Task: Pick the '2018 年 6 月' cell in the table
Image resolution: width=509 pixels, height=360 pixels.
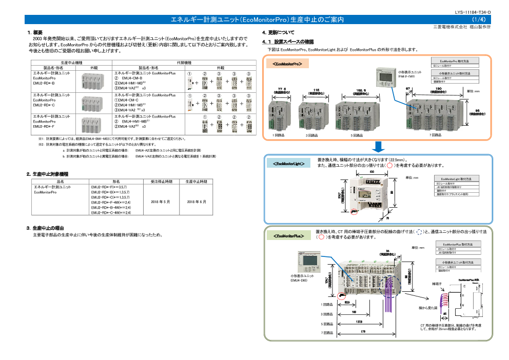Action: click(197, 202)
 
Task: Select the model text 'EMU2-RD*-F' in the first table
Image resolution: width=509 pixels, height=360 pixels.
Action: click(44, 126)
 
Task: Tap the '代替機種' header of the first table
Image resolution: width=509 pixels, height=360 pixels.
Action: click(184, 62)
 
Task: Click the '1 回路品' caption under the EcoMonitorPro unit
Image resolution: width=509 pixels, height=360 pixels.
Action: click(279, 135)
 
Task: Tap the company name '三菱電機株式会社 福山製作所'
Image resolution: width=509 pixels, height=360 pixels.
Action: click(462, 27)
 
